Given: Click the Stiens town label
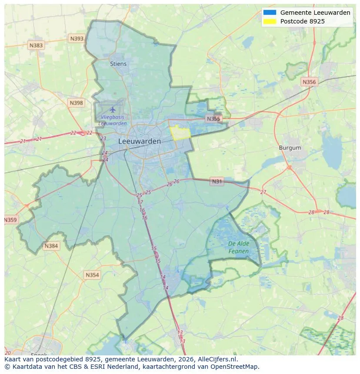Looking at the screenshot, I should [118, 64].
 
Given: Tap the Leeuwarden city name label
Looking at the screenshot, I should [140, 142].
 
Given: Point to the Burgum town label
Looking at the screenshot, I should [290, 148].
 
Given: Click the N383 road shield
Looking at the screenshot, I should [36, 45].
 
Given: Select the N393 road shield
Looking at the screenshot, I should [77, 39].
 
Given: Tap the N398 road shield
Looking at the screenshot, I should [76, 103].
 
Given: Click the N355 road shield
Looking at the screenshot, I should [213, 119].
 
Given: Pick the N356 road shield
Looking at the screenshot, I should [309, 82].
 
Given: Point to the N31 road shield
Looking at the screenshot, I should [217, 182].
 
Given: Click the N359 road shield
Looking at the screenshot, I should [10, 220].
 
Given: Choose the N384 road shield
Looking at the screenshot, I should [51, 246].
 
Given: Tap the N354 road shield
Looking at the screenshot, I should [92, 275].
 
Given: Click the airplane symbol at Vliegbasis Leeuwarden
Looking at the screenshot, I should [113, 109].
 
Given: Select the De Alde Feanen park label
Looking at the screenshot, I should [239, 248].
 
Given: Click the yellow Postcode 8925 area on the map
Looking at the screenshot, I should [180, 132].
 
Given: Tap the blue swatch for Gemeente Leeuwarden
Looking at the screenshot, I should [270, 13].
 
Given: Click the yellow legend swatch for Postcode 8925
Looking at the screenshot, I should [270, 21].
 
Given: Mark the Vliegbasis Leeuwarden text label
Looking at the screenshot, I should [113, 120].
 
